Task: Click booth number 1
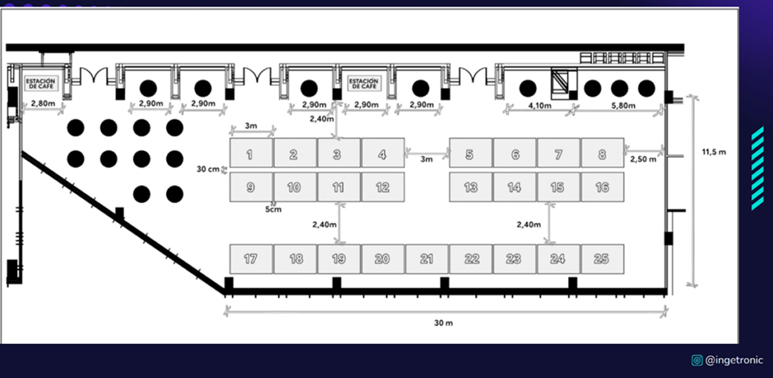[251, 153]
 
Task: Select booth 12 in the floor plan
[383, 187]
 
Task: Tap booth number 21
[427, 259]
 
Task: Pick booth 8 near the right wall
[602, 153]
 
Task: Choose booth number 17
[251, 259]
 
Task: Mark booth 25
[602, 259]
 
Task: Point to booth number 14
[515, 187]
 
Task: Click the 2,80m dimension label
[43, 104]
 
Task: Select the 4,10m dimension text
[540, 106]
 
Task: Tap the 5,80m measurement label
[623, 106]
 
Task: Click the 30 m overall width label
[443, 323]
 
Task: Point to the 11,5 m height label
[714, 152]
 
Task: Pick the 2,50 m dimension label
[643, 159]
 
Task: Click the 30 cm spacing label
[207, 169]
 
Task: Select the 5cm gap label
[273, 209]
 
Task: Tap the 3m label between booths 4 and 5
[427, 159]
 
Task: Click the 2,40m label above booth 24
[528, 225]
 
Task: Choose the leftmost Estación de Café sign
[41, 83]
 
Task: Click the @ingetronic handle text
[734, 360]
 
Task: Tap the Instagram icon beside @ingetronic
[696, 360]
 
